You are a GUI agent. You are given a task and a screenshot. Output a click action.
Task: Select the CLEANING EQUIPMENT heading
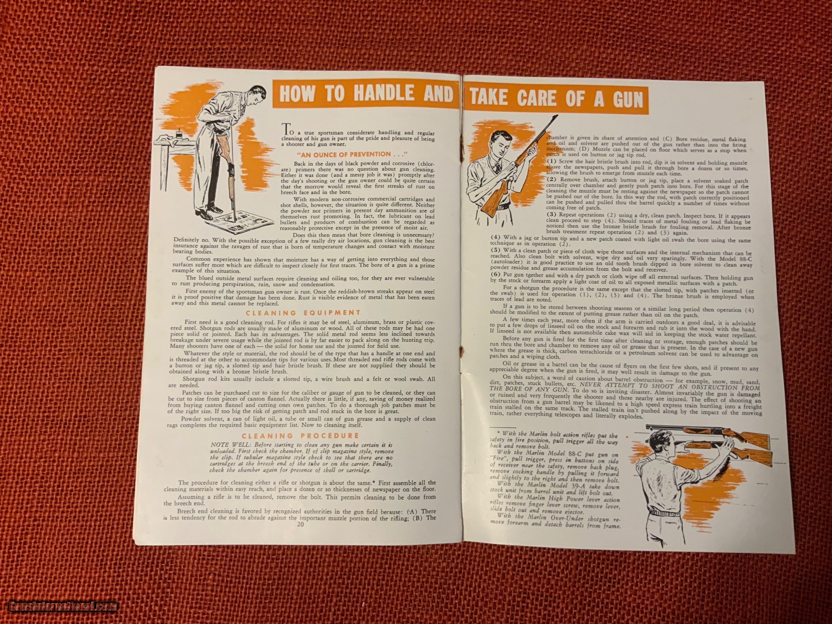coord(303,313)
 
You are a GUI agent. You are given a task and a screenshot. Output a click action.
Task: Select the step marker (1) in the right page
coord(552,161)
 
